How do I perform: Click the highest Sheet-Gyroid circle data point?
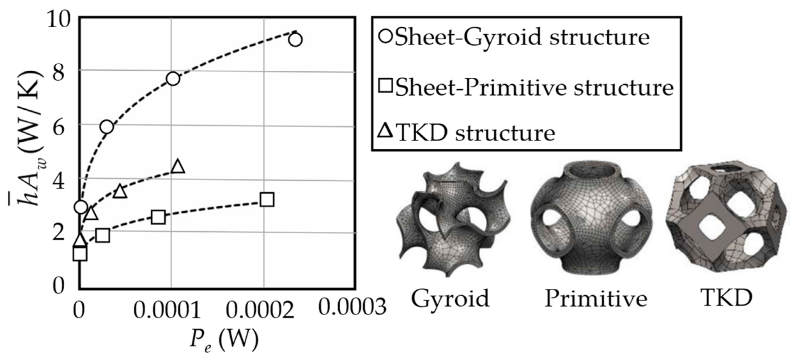point(295,40)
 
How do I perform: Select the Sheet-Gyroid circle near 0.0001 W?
point(173,79)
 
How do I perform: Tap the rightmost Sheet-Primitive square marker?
point(267,200)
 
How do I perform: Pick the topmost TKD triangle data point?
point(178,167)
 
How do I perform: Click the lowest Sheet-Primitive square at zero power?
point(80,254)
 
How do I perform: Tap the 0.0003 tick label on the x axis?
point(352,307)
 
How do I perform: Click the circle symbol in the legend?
point(385,36)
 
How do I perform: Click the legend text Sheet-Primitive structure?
point(534,87)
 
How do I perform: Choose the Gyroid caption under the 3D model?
point(450,298)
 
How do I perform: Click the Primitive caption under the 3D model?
point(596,298)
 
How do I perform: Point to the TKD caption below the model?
point(726,298)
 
